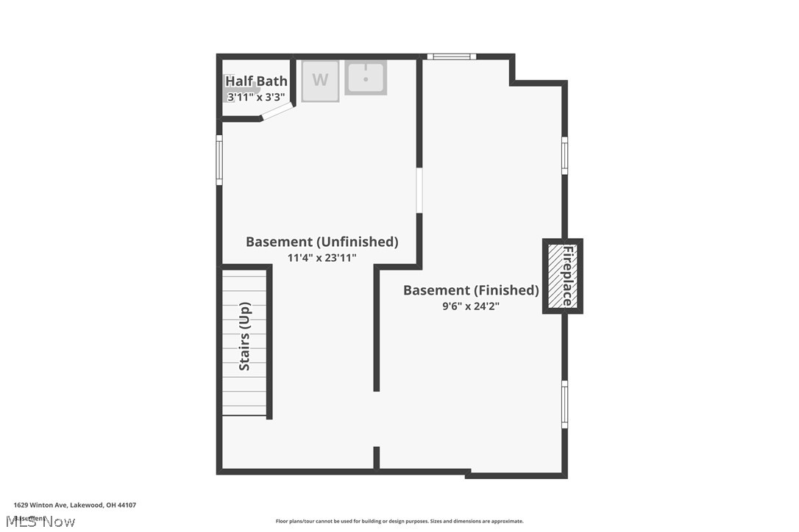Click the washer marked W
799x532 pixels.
point(320,80)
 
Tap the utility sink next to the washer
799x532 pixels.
point(366,77)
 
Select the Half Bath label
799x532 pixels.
point(256,81)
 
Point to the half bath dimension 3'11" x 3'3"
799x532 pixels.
point(256,96)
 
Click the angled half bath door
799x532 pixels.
point(278,111)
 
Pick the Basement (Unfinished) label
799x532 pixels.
point(322,242)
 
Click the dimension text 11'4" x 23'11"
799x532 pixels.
point(322,258)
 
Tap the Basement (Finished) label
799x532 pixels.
point(471,290)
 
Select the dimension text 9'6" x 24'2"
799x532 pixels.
point(471,306)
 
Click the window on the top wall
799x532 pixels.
point(452,57)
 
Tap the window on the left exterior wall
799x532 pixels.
point(219,159)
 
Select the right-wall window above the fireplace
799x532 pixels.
point(564,155)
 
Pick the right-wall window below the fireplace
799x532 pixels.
point(564,403)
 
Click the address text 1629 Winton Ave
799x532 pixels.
point(74,505)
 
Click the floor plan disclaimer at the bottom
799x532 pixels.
point(399,521)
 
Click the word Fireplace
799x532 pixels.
point(568,276)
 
